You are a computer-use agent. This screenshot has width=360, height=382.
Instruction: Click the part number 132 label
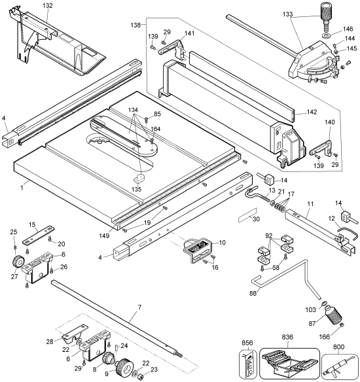click(x=48, y=5)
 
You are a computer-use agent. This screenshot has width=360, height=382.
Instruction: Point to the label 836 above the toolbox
click(x=288, y=338)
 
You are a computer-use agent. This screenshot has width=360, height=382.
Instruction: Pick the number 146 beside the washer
click(x=347, y=30)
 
